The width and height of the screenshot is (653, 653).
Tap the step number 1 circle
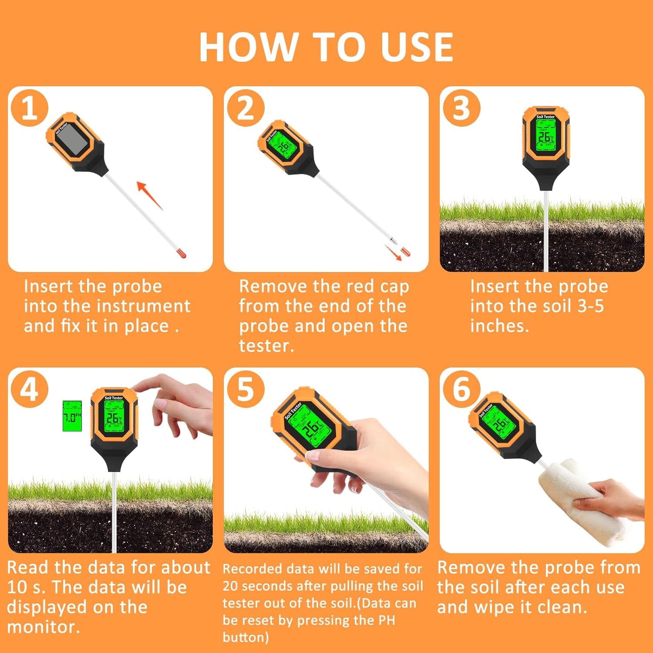click(x=29, y=108)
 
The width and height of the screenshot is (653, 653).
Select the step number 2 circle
click(x=245, y=108)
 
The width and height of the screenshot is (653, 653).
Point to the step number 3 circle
click(x=461, y=108)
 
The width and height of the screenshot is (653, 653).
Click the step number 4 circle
click(x=29, y=389)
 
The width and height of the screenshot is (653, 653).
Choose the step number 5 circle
click(x=245, y=389)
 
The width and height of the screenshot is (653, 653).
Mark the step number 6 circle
click(x=461, y=389)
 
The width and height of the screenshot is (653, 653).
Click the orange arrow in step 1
click(x=149, y=195)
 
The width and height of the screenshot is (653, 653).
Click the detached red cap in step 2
click(x=406, y=252)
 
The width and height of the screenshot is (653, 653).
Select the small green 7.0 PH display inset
click(x=72, y=416)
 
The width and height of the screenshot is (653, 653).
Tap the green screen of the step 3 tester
click(x=545, y=136)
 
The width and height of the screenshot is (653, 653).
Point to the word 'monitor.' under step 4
click(x=44, y=627)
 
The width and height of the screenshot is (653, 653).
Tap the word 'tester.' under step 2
click(x=266, y=346)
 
